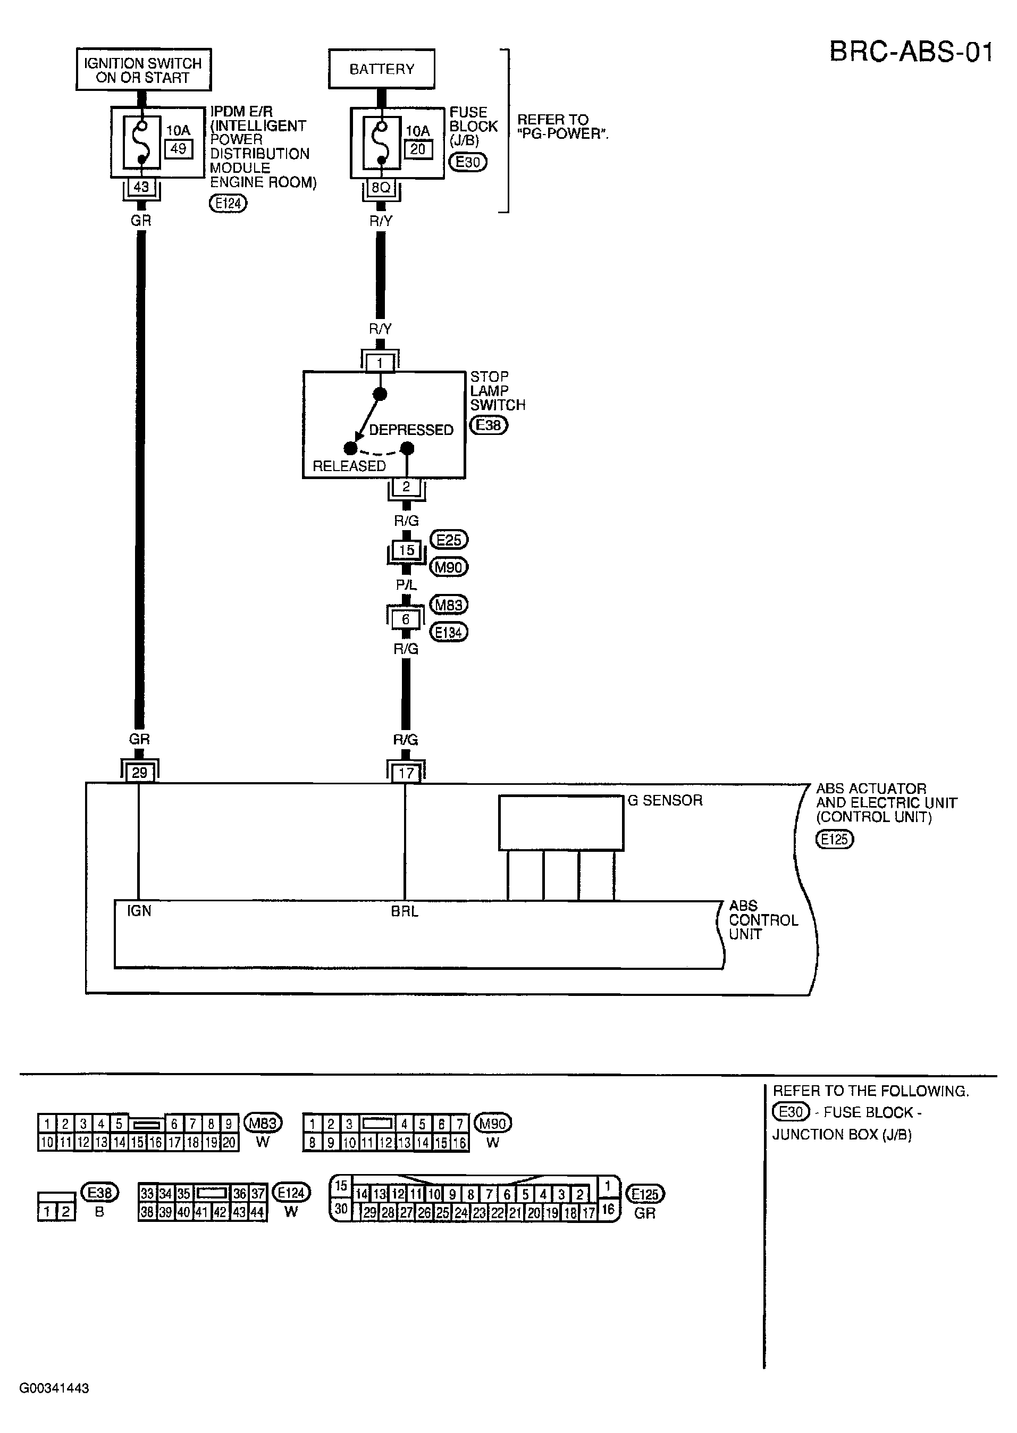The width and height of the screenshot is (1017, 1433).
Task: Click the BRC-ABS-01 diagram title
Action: (x=911, y=52)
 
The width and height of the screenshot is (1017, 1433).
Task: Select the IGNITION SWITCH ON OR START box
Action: (x=144, y=70)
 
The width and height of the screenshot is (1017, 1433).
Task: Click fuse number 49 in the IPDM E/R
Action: (x=179, y=149)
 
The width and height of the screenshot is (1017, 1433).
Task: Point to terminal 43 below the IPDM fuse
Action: (x=141, y=187)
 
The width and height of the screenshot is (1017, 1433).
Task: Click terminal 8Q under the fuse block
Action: (x=381, y=187)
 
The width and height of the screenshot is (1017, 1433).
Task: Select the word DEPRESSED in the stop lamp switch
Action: (x=411, y=430)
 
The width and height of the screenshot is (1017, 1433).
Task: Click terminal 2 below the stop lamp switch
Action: (x=406, y=487)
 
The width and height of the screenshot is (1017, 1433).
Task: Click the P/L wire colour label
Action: (x=406, y=585)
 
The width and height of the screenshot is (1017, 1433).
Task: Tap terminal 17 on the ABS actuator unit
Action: (x=406, y=774)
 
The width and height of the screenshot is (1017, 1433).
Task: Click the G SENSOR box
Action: (x=561, y=823)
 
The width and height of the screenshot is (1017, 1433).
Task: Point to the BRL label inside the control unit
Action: (x=405, y=911)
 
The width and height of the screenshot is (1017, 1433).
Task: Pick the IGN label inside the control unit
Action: (x=139, y=911)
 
